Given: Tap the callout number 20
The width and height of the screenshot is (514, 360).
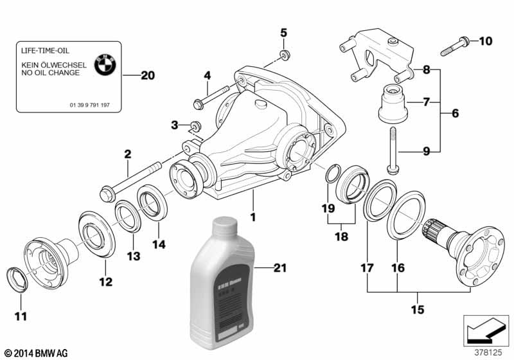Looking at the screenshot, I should [147, 76].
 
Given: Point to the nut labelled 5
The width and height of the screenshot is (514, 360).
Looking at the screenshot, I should [283, 55].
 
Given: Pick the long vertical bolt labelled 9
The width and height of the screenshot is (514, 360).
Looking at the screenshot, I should [391, 151].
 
